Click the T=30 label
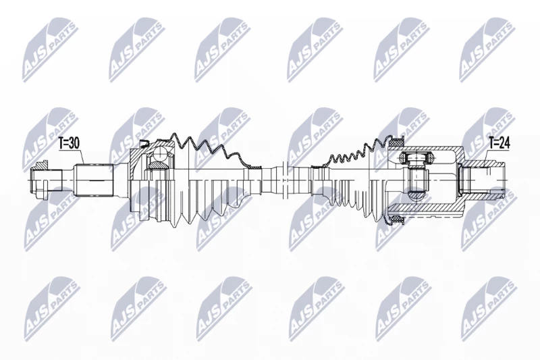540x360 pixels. pos(69,143)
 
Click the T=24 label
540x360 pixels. pos(499,143)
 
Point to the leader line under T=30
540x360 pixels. pos(82,157)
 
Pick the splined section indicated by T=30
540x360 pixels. pos(94,180)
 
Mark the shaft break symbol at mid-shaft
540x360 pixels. pos(284,179)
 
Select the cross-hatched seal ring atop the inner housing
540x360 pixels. pos(398,141)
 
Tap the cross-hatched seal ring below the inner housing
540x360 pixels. pos(396,218)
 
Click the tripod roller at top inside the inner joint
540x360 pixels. pos(416,158)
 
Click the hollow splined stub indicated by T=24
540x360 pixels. pos(483,180)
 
